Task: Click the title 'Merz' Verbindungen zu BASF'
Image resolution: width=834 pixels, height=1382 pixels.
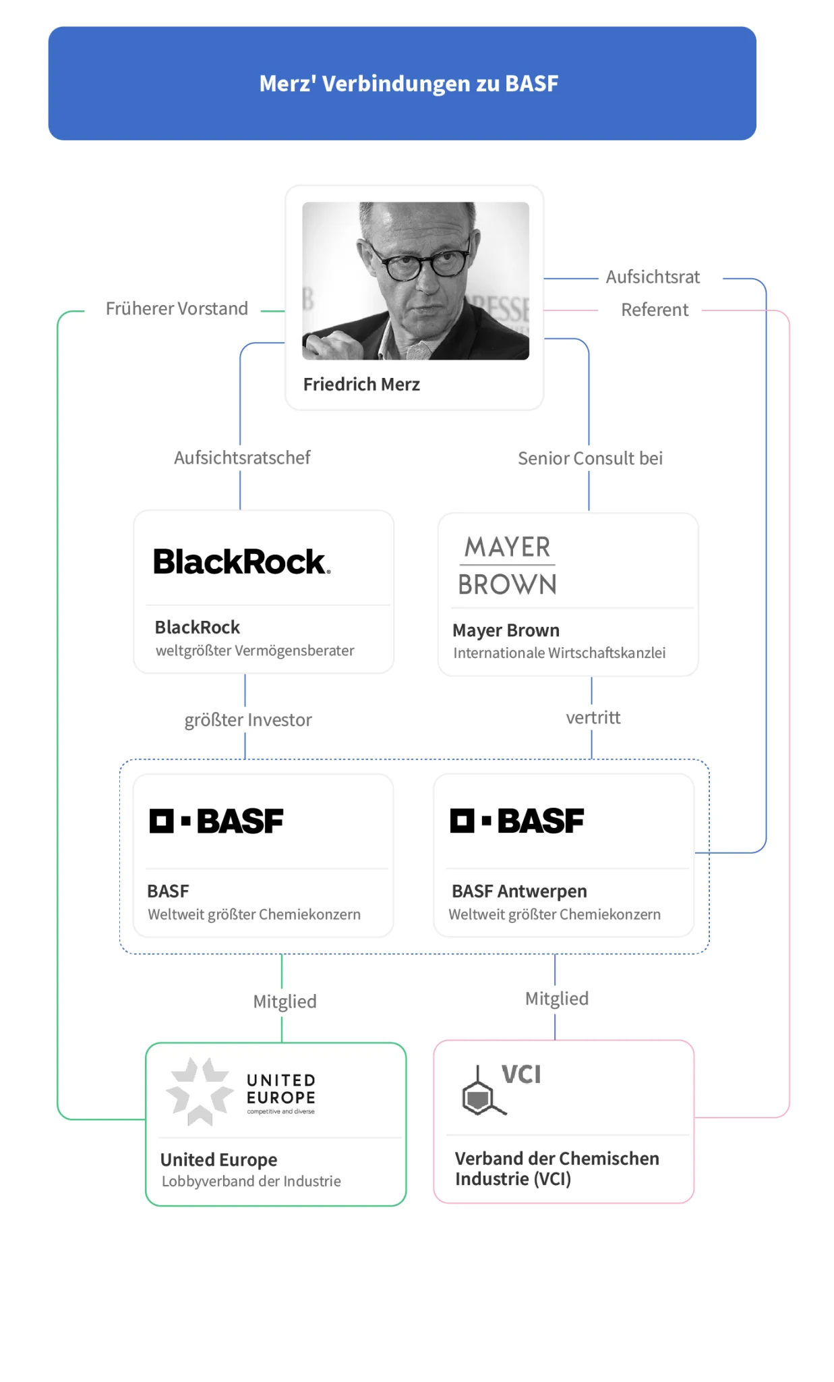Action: click(x=409, y=84)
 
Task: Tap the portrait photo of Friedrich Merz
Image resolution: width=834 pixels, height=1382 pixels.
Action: click(x=415, y=281)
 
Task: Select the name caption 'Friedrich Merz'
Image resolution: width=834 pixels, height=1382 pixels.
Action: click(x=361, y=385)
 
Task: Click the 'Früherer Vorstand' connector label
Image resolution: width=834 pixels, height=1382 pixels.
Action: click(x=177, y=309)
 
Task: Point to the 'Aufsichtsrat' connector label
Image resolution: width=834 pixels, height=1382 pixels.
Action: click(x=653, y=277)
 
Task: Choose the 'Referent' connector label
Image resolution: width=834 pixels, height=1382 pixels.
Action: click(x=654, y=310)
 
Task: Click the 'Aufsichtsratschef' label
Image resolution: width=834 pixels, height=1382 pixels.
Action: click(x=242, y=458)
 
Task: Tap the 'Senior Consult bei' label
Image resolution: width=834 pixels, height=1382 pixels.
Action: click(x=590, y=458)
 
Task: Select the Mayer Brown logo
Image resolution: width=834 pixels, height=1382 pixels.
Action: click(x=508, y=565)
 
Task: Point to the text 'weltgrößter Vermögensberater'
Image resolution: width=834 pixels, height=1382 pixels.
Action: click(x=255, y=651)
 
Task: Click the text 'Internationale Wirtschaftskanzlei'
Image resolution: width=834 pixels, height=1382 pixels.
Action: click(x=559, y=653)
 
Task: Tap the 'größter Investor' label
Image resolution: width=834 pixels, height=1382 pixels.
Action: click(x=248, y=720)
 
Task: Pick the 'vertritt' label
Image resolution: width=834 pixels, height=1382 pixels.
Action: click(x=593, y=717)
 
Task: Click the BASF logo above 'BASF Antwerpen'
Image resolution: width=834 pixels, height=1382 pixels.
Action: click(x=517, y=821)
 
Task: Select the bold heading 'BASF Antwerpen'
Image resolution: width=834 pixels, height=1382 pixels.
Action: click(x=519, y=891)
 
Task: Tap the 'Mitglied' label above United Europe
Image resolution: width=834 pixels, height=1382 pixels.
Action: click(x=285, y=1001)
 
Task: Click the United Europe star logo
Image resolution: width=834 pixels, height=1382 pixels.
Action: click(x=200, y=1090)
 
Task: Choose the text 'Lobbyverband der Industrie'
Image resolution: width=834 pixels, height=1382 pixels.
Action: click(x=251, y=1181)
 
